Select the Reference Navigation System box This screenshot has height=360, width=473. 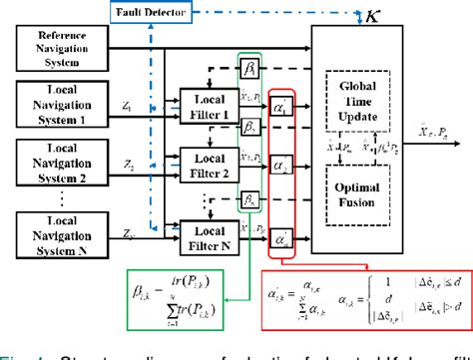pyautogui.click(x=62, y=49)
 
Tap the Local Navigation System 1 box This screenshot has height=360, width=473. pyautogui.click(x=62, y=104)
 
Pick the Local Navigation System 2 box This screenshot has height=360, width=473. pyautogui.click(x=62, y=160)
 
